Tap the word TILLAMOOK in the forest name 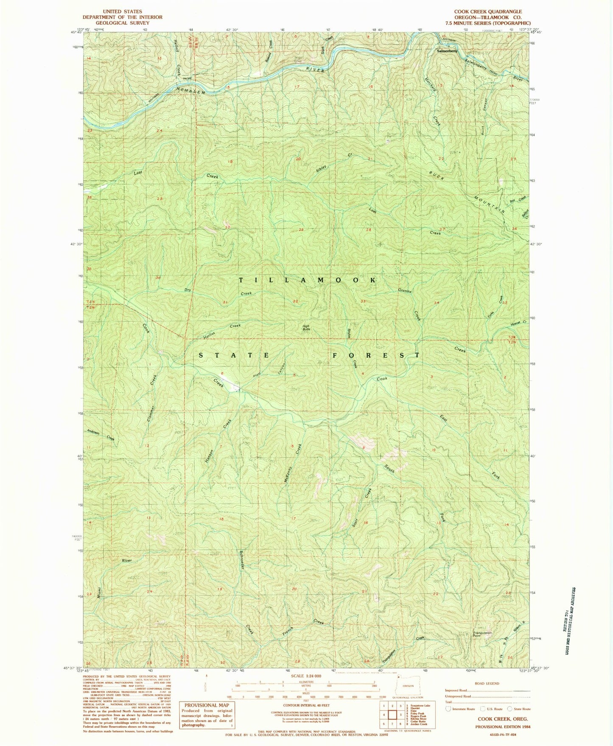point(308,280)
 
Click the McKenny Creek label point(293,462)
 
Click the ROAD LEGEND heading point(487,684)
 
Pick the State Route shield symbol point(509,709)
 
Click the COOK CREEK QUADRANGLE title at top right point(488,12)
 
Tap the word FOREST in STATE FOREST point(375,355)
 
